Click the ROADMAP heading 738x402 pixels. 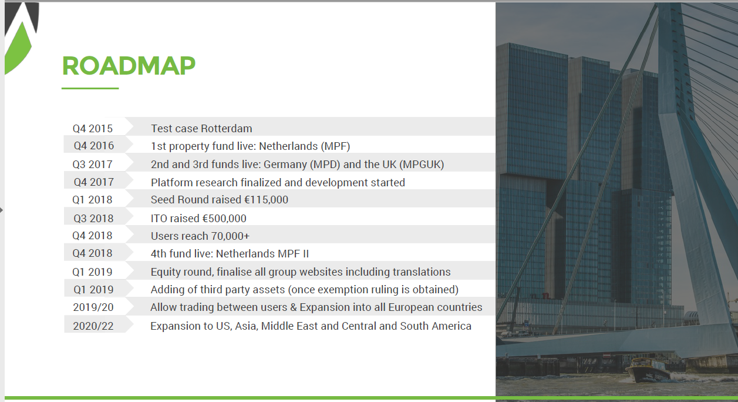tap(129, 66)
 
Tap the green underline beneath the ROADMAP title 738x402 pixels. tap(90, 88)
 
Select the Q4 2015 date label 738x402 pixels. tap(93, 128)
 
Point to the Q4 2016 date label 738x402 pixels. tap(93, 146)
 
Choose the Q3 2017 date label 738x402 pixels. tap(92, 164)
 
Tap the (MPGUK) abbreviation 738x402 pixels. tap(422, 164)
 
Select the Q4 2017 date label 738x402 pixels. tap(93, 182)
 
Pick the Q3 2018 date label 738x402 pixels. tap(93, 218)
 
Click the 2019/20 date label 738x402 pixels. tap(93, 307)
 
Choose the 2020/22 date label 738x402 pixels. tap(93, 326)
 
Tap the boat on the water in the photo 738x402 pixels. tap(649, 371)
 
